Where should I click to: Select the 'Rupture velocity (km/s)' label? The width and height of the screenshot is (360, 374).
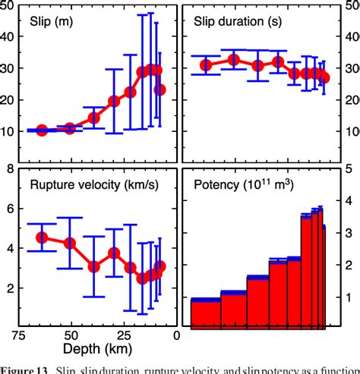(x=90, y=184)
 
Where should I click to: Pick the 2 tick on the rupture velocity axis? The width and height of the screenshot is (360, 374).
(x=11, y=288)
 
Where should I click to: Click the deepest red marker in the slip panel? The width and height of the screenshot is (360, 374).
(x=43, y=130)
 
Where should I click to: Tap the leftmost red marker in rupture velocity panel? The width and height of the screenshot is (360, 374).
(x=43, y=237)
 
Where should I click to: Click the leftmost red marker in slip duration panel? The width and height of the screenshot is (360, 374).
(x=206, y=65)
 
